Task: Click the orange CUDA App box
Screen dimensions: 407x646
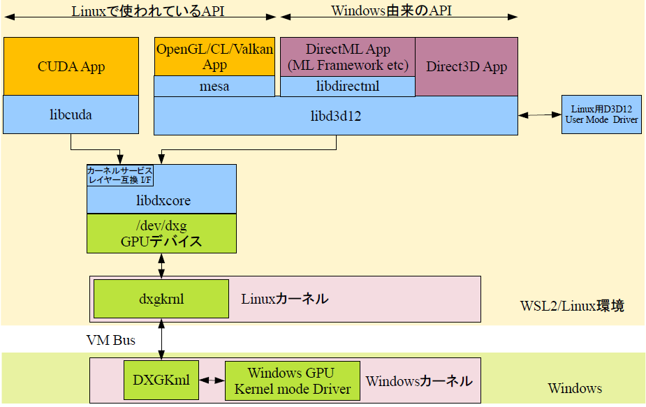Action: tap(71, 66)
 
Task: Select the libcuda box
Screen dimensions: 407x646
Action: tap(71, 114)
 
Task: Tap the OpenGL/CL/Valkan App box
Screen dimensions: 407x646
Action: tap(214, 57)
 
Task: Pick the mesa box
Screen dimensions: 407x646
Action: tap(214, 87)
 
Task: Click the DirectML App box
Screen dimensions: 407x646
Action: tap(348, 57)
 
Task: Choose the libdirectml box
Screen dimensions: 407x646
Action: tap(348, 87)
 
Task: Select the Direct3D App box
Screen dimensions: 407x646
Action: tap(467, 66)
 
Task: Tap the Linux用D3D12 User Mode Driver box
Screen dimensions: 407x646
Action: tap(601, 114)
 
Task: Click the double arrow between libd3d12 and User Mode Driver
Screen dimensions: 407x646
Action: tap(540, 114)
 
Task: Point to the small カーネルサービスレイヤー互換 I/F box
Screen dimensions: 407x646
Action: tap(119, 175)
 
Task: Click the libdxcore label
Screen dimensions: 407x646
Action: tap(161, 200)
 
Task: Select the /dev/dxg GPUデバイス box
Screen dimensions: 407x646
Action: tap(161, 233)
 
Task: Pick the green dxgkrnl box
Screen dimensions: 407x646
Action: tap(161, 299)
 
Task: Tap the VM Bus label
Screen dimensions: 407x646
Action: tap(110, 340)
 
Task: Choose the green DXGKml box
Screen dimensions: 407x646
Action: tap(161, 380)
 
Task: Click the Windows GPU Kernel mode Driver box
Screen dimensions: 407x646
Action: tap(292, 380)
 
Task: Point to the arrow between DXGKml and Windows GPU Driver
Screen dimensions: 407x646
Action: tap(212, 380)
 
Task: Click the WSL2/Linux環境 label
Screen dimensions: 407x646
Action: tap(572, 306)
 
